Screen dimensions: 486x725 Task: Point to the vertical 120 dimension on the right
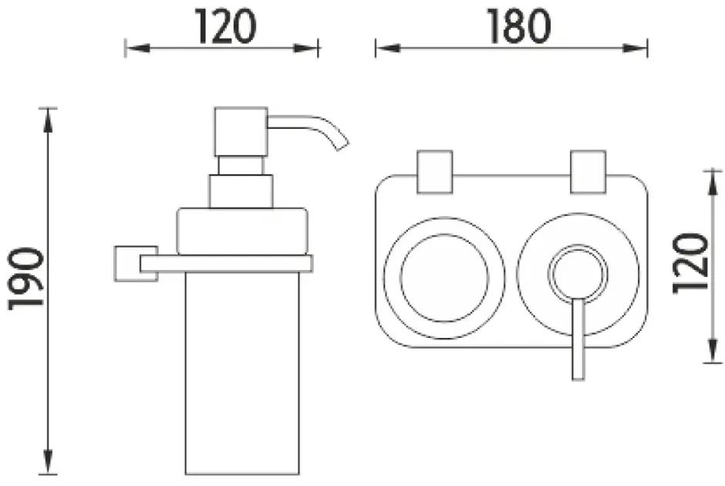click(691, 265)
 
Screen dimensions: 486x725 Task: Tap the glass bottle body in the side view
click(241, 370)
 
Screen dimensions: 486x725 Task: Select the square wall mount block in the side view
click(126, 263)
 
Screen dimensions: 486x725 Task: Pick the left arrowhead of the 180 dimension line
click(383, 49)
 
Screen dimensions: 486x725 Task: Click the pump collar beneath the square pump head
click(240, 191)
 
